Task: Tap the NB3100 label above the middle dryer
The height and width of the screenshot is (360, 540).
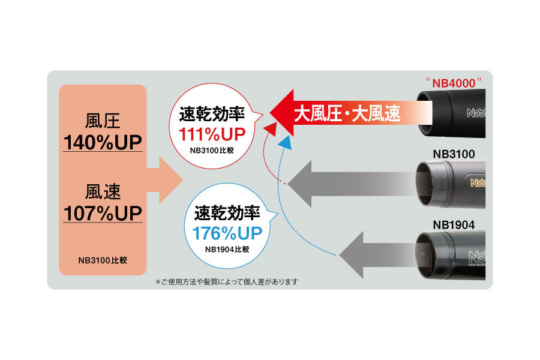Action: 454,154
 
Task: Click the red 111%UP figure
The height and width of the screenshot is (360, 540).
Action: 210,131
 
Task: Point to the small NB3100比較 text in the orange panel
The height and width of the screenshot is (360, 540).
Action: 103,260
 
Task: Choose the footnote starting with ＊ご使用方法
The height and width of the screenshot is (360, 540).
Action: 226,281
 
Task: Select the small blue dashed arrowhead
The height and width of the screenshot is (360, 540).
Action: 286,142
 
